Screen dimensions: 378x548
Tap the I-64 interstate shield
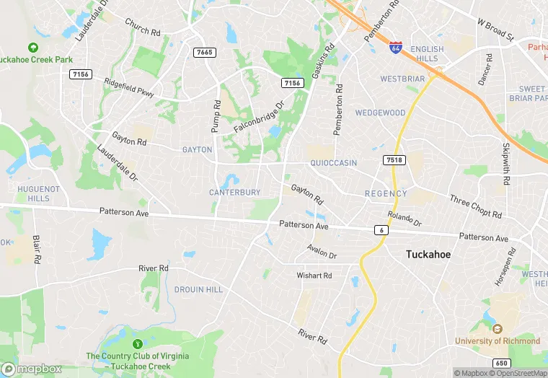(395, 48)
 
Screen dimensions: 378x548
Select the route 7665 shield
(204, 52)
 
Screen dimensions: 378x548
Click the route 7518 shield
(394, 159)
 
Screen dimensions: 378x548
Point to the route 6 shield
(381, 229)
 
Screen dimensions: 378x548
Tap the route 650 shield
(503, 362)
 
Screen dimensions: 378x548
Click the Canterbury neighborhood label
(234, 193)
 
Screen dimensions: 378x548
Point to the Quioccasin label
(333, 163)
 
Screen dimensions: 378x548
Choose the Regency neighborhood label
(386, 193)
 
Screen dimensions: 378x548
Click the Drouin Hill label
(198, 289)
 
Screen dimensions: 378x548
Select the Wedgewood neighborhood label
(380, 113)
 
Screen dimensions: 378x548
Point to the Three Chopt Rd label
(475, 207)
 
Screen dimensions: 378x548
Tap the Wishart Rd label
(314, 276)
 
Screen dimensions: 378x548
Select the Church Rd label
(142, 27)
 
